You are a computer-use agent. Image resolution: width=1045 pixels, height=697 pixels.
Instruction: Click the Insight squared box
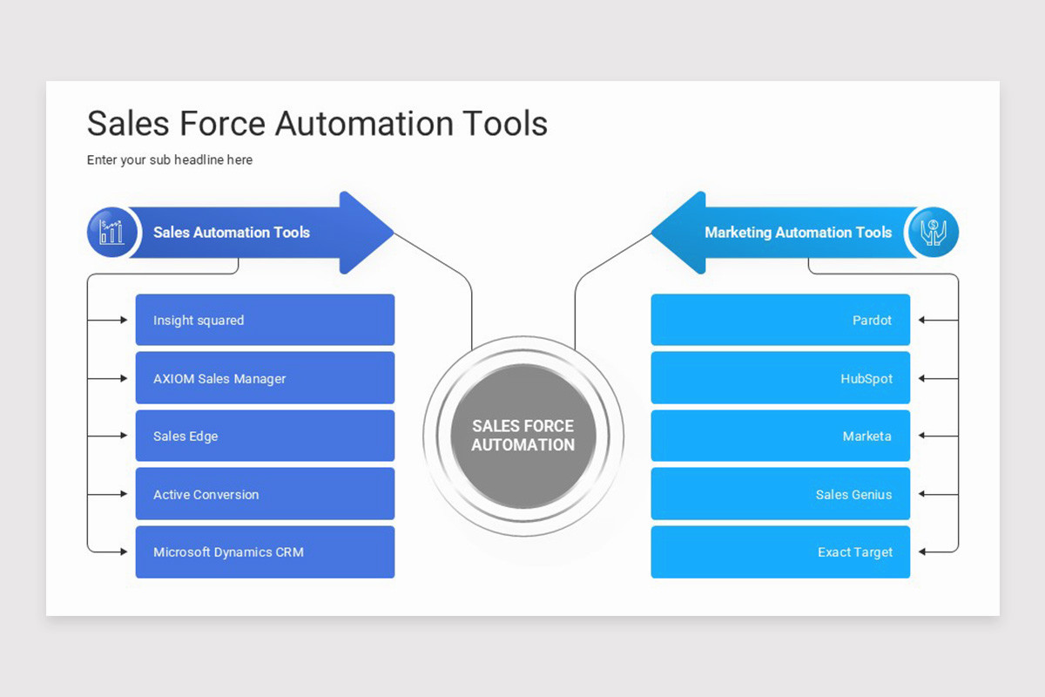pyautogui.click(x=265, y=320)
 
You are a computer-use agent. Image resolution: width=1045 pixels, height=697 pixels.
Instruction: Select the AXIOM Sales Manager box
pyautogui.click(x=265, y=377)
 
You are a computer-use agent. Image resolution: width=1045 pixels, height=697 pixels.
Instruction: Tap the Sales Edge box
pyautogui.click(x=265, y=436)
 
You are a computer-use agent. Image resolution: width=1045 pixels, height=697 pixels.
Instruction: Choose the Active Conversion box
pyautogui.click(x=265, y=493)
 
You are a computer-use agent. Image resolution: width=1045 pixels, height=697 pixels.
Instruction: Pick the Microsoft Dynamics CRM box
pyautogui.click(x=265, y=552)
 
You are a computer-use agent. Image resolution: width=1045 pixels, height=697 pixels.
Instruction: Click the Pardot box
pyautogui.click(x=780, y=320)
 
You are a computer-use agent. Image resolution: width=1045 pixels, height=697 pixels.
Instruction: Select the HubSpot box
pyautogui.click(x=780, y=377)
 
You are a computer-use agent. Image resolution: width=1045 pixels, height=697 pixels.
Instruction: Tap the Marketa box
pyautogui.click(x=780, y=436)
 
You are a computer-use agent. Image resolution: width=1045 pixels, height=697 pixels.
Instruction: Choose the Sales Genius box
pyautogui.click(x=780, y=493)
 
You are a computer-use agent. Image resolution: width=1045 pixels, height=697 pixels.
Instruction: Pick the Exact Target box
pyautogui.click(x=780, y=552)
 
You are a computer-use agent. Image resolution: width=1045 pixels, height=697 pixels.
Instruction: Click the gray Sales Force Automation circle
pyautogui.click(x=523, y=436)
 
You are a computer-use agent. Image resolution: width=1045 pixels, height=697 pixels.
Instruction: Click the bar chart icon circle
pyautogui.click(x=112, y=232)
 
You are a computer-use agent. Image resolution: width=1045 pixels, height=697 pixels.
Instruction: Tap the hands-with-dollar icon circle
pyautogui.click(x=934, y=232)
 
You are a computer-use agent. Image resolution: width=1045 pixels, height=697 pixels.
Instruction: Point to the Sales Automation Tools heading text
pyautogui.click(x=232, y=232)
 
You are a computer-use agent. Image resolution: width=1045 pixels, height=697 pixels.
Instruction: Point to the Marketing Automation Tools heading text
pyautogui.click(x=799, y=232)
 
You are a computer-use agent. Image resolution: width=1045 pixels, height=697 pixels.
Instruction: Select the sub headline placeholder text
pyautogui.click(x=169, y=159)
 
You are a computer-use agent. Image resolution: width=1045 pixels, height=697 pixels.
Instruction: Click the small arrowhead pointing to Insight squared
pyautogui.click(x=124, y=320)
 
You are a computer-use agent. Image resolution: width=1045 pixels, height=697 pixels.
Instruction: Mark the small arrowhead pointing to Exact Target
pyautogui.click(x=922, y=552)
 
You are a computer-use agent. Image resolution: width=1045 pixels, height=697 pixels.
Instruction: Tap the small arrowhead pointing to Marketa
pyautogui.click(x=922, y=436)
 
